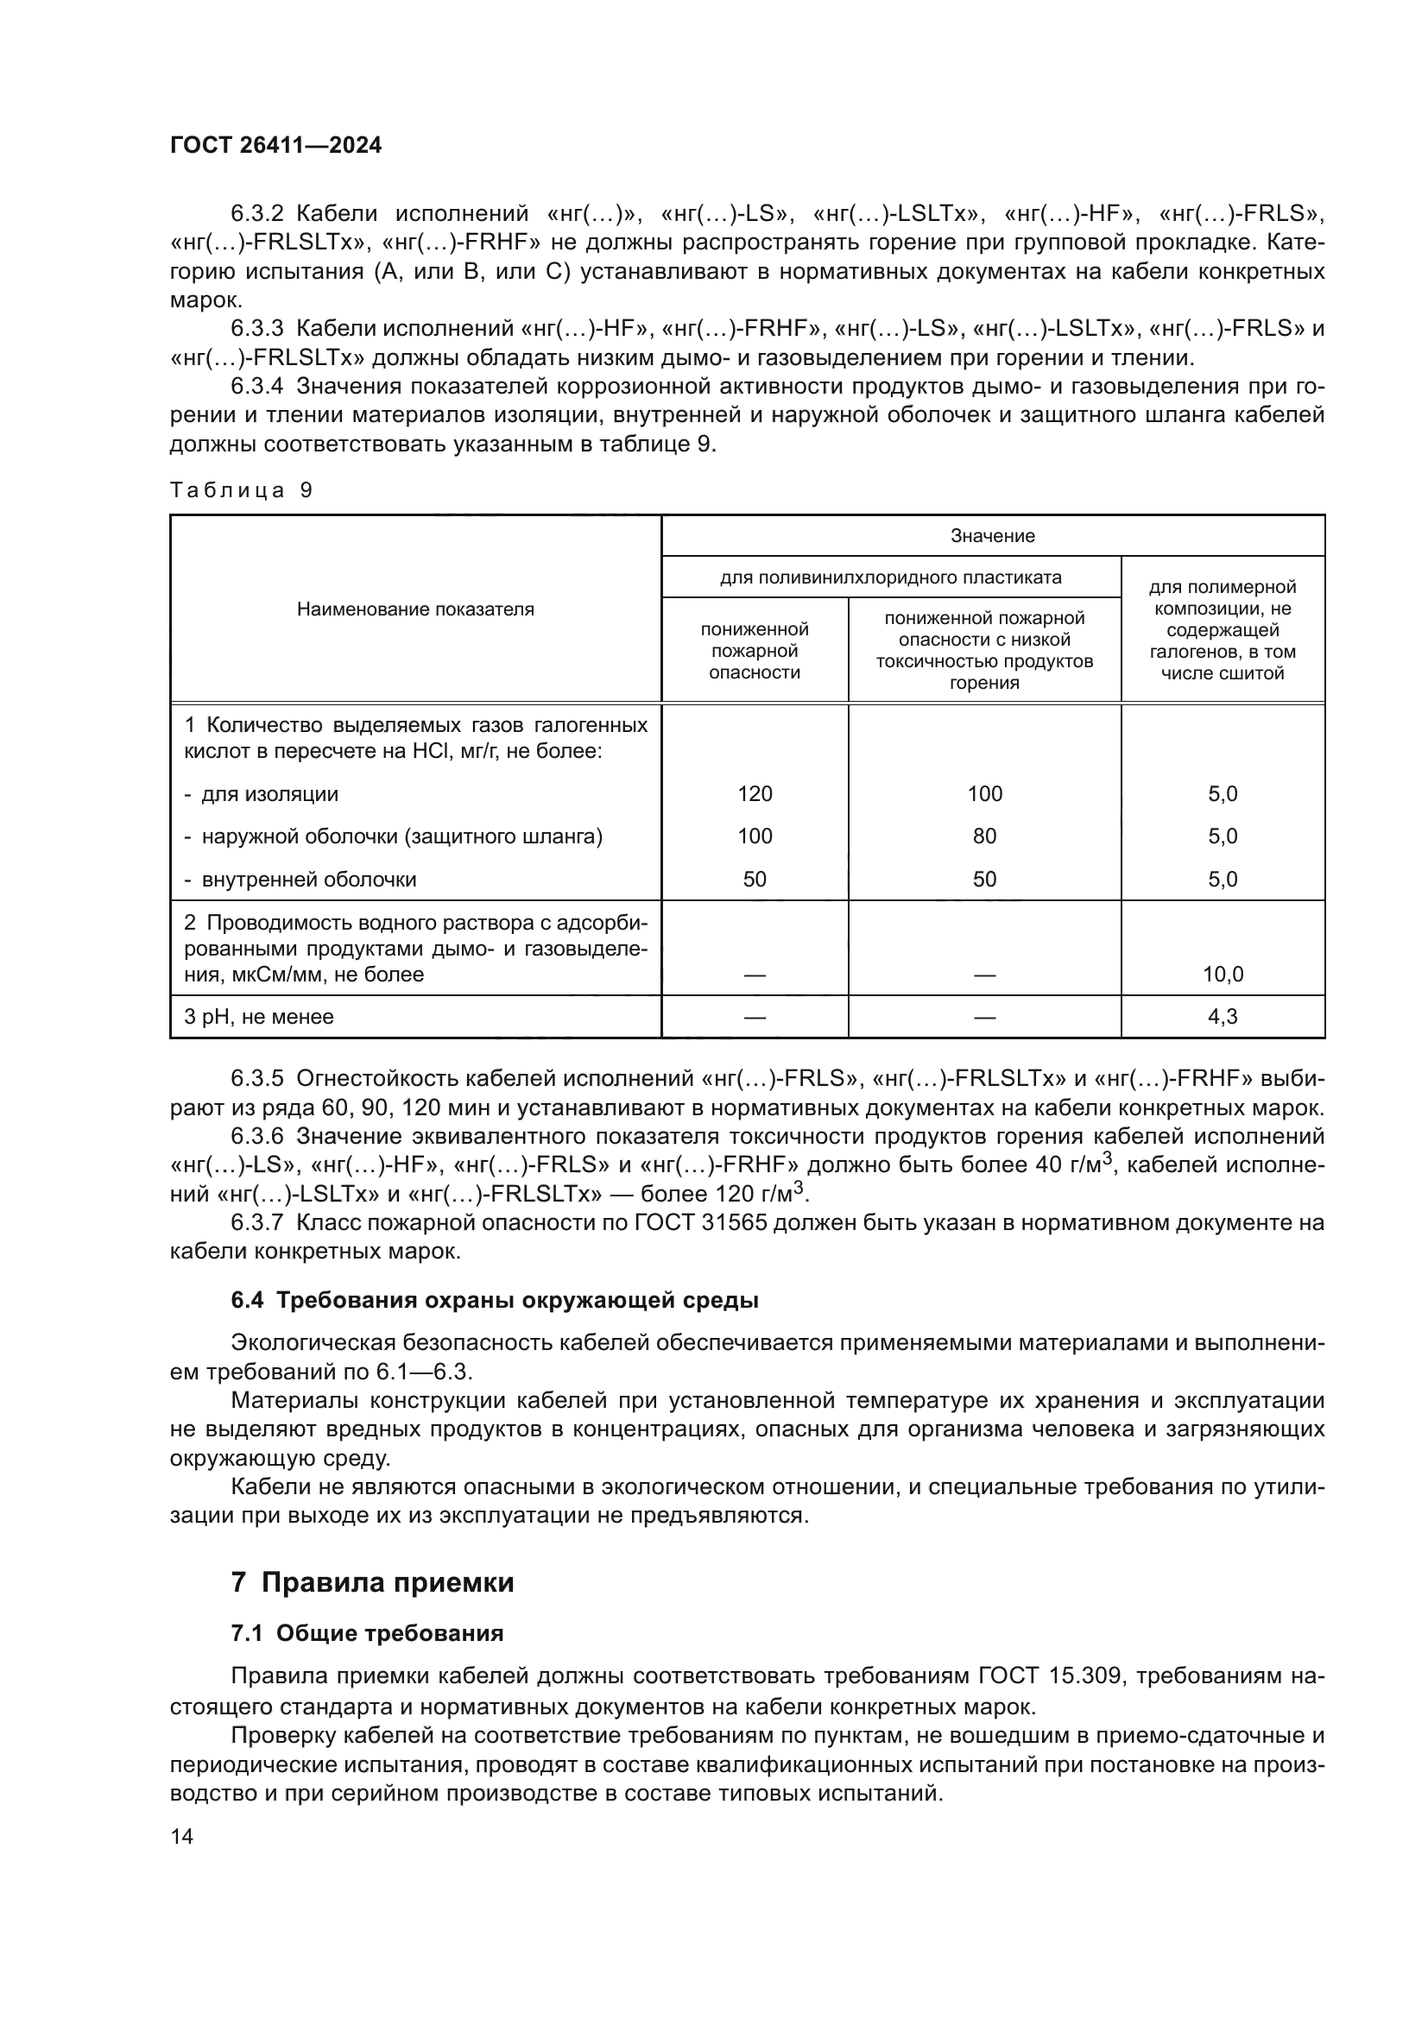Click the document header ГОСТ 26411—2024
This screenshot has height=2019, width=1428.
click(275, 146)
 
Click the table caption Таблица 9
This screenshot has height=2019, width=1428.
click(241, 489)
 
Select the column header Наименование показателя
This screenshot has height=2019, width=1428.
click(415, 609)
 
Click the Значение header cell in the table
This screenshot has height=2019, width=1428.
click(993, 535)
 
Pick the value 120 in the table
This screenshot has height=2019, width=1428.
click(755, 794)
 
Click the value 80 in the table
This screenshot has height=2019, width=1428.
click(984, 836)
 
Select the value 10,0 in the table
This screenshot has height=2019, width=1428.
click(1223, 975)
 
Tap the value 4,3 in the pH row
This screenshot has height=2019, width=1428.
click(1223, 1018)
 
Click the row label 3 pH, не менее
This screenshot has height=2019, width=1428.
click(258, 1018)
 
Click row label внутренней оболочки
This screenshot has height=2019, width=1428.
click(308, 880)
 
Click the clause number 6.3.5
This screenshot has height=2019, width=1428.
click(256, 1079)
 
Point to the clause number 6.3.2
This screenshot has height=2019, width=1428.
click(256, 214)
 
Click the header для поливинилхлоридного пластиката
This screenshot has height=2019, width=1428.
click(891, 577)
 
